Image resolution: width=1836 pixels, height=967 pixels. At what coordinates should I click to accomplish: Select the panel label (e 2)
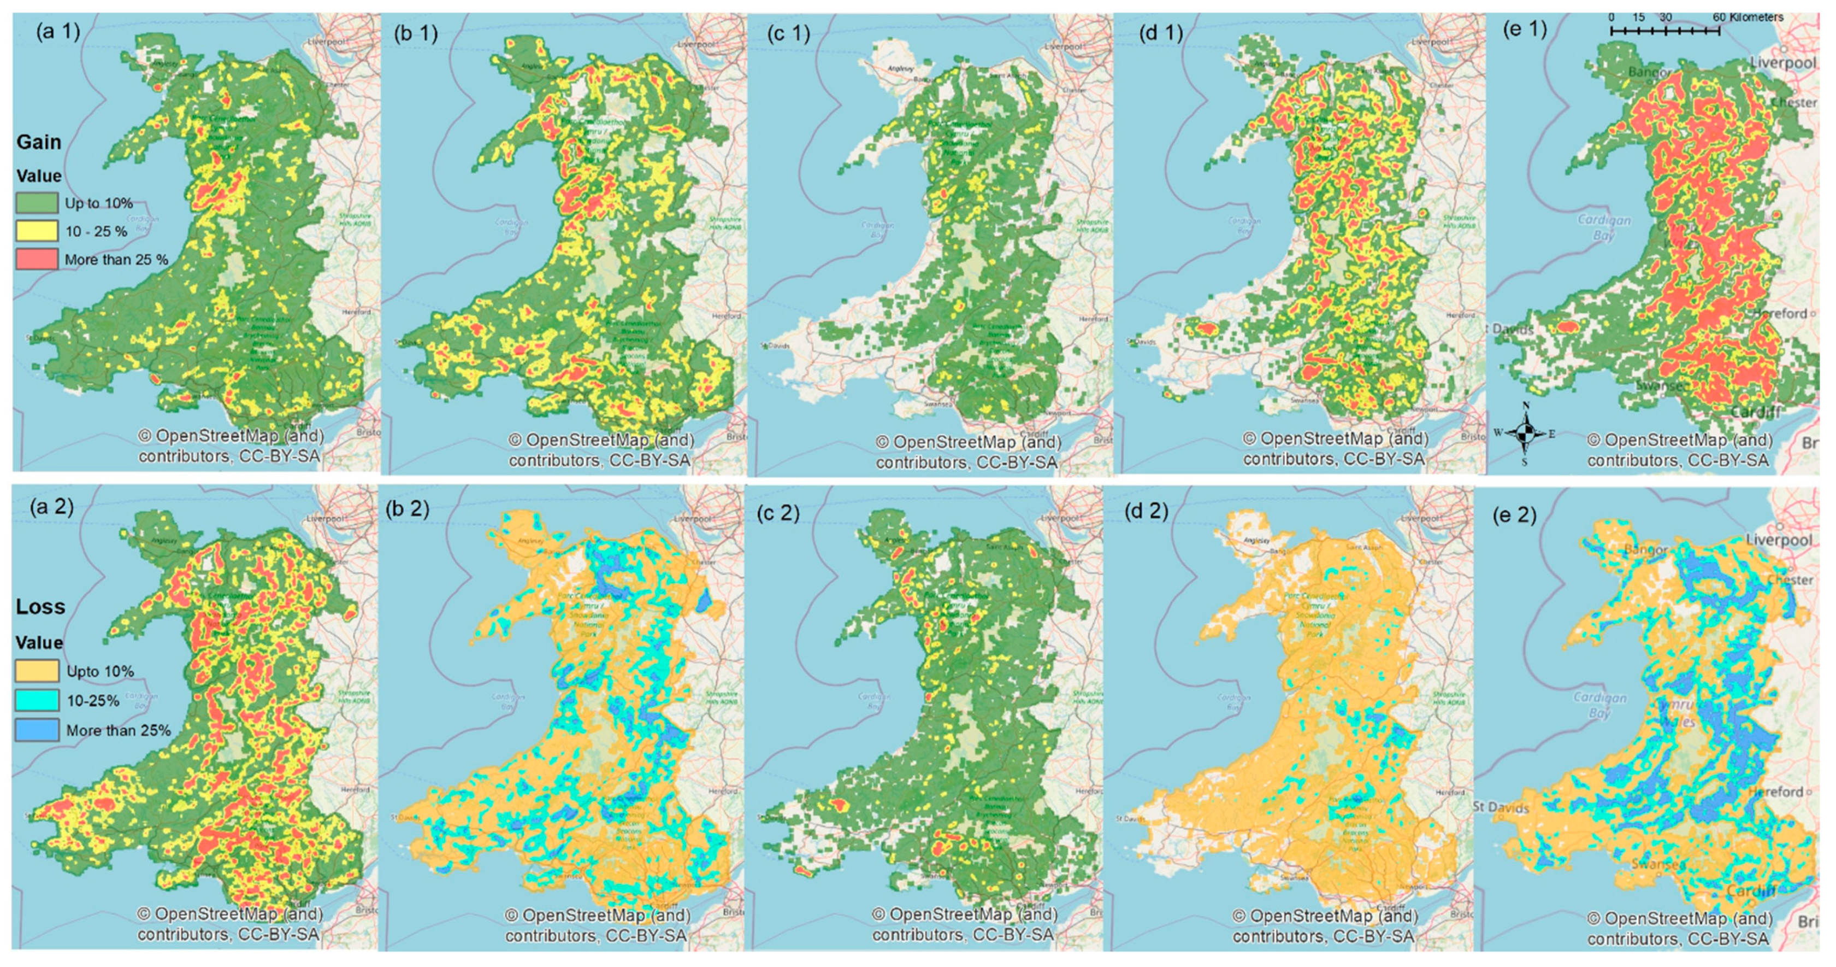coord(1514,515)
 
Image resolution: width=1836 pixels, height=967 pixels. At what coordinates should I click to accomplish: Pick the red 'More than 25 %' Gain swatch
coord(37,259)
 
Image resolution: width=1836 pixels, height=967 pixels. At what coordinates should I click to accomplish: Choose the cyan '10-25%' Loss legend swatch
coord(37,700)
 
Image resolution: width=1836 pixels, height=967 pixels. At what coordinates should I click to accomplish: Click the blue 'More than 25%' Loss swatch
coord(37,730)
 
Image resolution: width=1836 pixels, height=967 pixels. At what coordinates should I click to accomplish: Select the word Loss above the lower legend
coord(40,607)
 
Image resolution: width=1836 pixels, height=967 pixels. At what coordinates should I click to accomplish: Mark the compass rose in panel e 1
coord(1525,433)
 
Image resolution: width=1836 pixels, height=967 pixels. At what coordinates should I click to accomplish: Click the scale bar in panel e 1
coord(1665,31)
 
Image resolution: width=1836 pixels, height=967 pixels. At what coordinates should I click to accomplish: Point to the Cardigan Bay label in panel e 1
coord(1604,227)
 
